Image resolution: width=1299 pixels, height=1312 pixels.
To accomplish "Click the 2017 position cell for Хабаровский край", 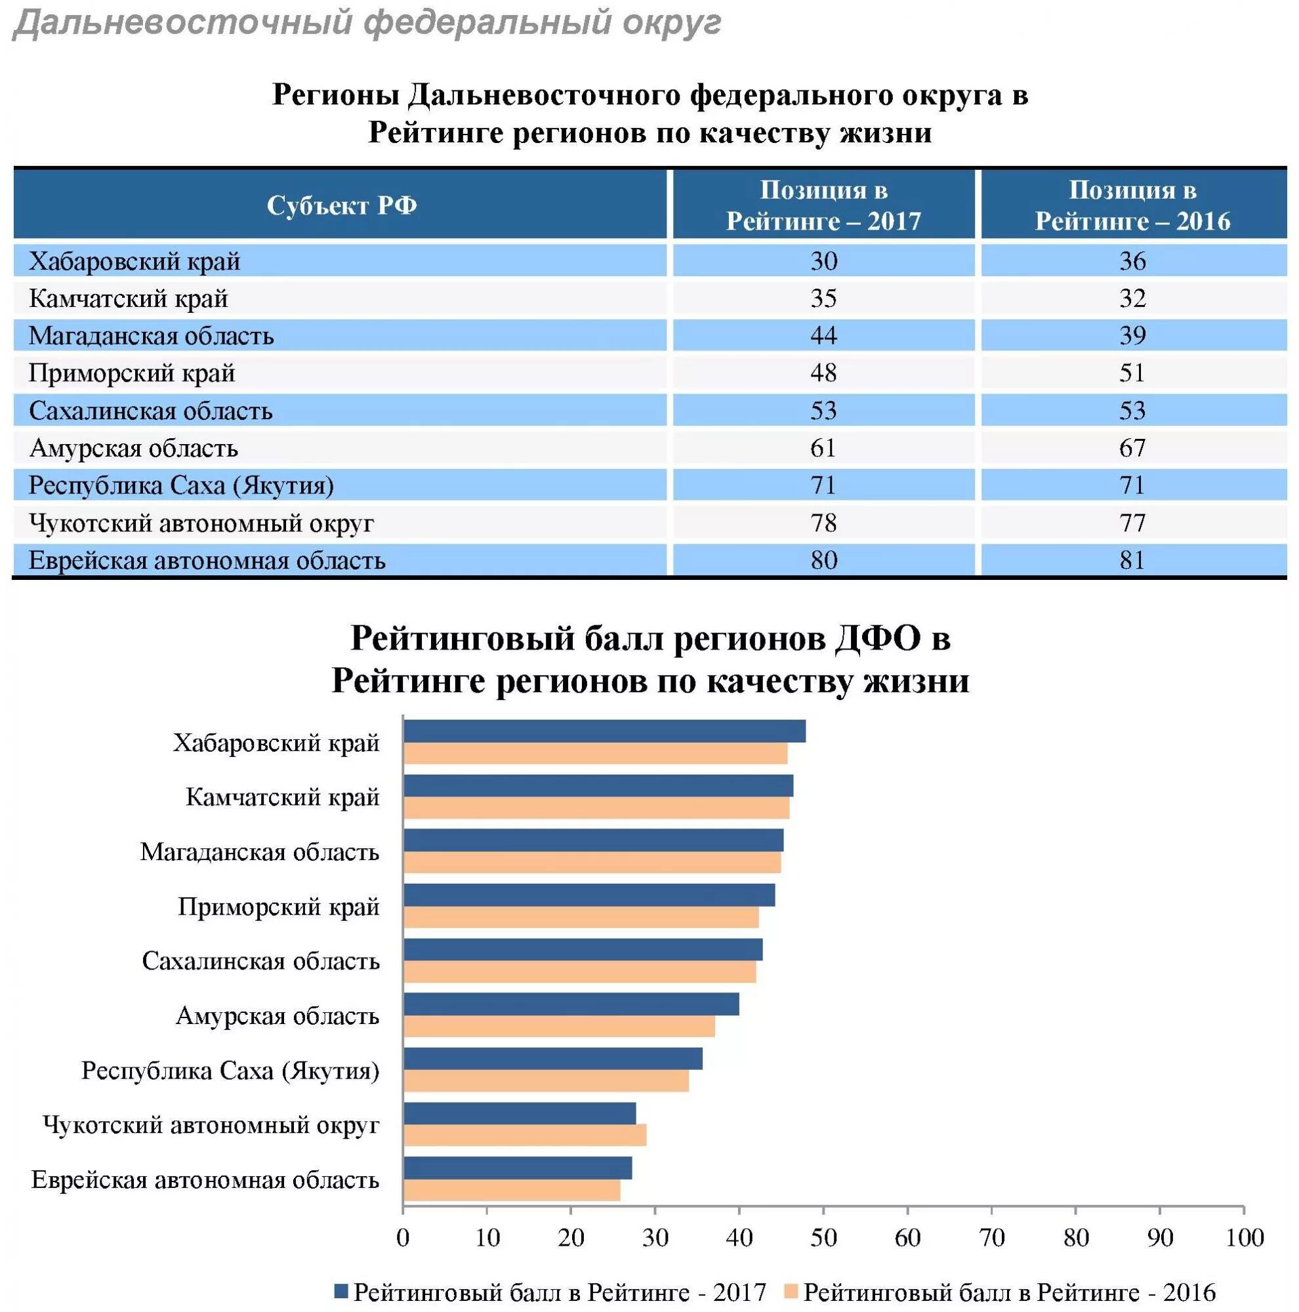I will [823, 261].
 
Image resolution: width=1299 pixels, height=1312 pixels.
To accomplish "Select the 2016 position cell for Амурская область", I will [1132, 447].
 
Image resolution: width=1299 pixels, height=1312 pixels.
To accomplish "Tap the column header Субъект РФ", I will [341, 205].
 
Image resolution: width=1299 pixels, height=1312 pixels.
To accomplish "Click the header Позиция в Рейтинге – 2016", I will [1132, 205].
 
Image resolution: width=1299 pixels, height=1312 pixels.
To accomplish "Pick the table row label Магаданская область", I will [151, 335].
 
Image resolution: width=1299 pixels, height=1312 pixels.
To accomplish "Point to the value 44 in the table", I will [823, 335].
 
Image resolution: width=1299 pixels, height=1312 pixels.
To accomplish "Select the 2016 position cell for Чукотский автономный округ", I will [1132, 522].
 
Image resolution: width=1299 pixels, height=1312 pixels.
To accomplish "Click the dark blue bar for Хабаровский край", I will [604, 731].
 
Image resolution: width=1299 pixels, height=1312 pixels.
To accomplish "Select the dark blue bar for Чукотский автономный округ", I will [520, 1113].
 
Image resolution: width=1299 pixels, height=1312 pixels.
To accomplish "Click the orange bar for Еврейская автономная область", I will [511, 1190].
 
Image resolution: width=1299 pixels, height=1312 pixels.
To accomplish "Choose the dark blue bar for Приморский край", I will [588, 895].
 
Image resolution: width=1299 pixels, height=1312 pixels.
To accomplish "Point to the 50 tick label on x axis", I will [823, 1238].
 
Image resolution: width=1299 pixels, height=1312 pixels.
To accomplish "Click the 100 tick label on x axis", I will [1244, 1238].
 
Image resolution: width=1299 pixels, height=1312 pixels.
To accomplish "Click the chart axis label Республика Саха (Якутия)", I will [230, 1071].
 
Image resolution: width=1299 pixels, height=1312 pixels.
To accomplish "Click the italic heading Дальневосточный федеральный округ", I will [367, 23].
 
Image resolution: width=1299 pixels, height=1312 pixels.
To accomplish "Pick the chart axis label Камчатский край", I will [283, 797].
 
